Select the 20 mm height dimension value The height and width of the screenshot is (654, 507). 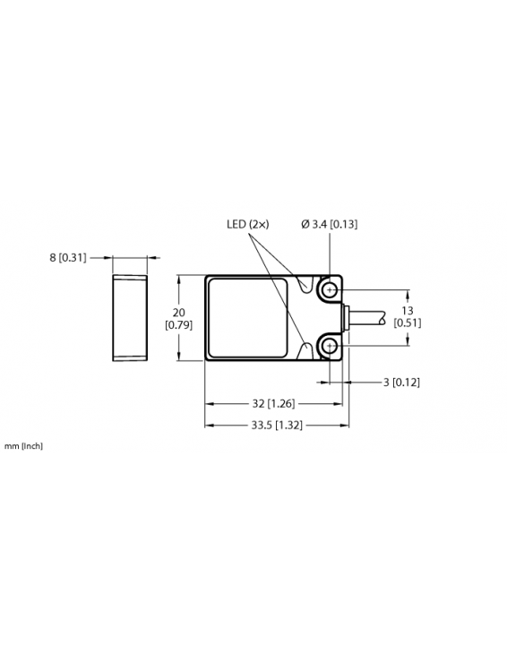click(x=178, y=313)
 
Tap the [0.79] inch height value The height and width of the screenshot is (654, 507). click(x=178, y=325)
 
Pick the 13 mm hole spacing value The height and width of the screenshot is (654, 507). click(x=408, y=310)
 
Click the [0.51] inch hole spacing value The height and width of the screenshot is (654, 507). click(x=408, y=323)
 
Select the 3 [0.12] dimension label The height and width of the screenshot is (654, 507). click(x=400, y=382)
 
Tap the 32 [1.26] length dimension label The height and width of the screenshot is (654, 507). click(x=275, y=404)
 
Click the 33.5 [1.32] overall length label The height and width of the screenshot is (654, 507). click(x=274, y=425)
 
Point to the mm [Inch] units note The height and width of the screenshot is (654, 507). click(x=23, y=445)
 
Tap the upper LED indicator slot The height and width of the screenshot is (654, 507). click(x=310, y=286)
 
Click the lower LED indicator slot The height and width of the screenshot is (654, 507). click(x=310, y=349)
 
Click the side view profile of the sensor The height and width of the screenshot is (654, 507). click(x=130, y=319)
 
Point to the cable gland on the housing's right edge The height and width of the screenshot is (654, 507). click(x=346, y=318)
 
